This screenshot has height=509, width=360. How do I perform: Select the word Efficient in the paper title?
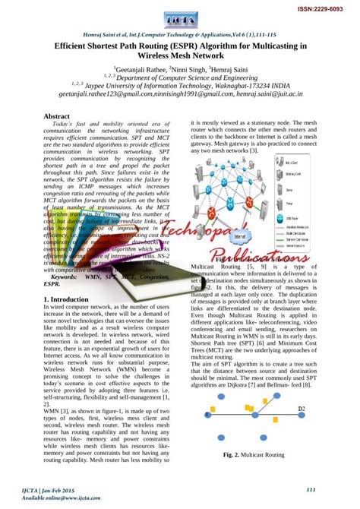pos(73,46)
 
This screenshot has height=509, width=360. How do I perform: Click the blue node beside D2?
pos(292,415)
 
